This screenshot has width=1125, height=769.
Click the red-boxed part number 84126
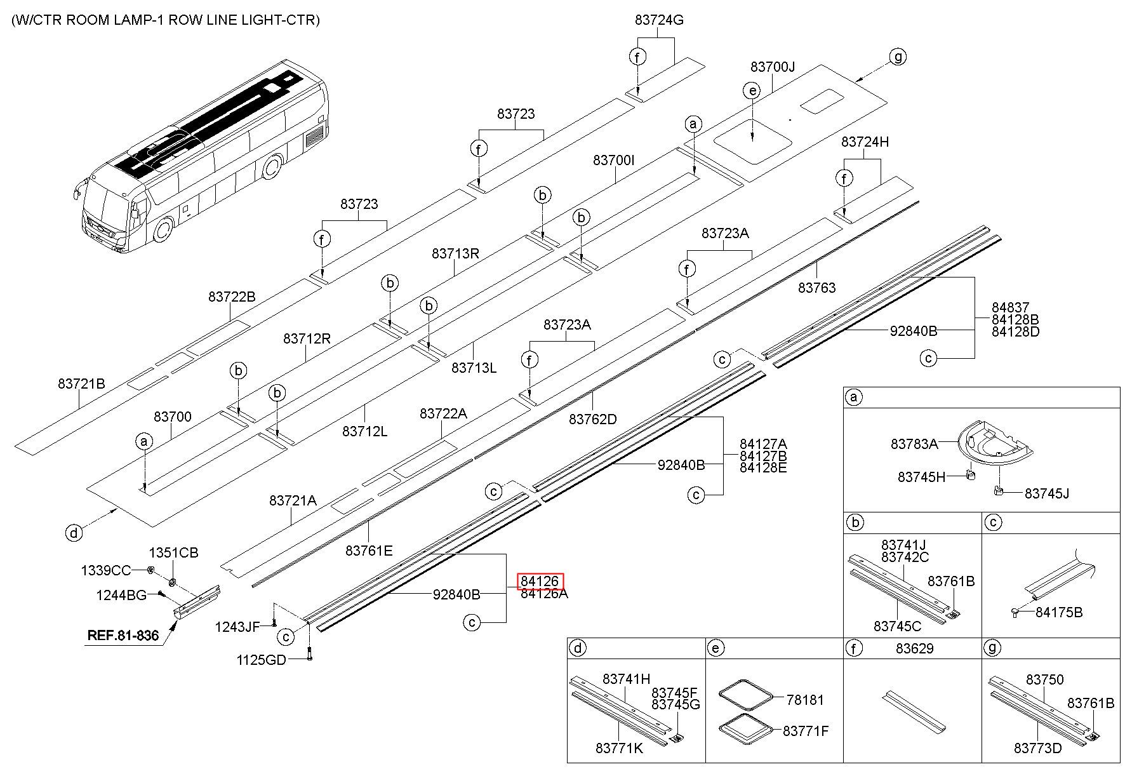[x=540, y=581]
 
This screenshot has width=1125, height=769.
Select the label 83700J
[x=773, y=67]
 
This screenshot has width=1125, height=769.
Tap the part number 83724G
[x=659, y=20]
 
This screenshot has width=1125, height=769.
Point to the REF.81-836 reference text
[x=123, y=634]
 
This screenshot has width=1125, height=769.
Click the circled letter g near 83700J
[x=898, y=57]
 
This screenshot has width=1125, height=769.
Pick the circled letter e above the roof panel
[x=752, y=91]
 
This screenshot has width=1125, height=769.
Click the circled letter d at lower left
[x=74, y=532]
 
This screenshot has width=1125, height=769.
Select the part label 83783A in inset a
[x=914, y=444]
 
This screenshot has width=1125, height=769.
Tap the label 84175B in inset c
[x=1059, y=612]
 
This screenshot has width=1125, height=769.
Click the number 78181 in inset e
[x=805, y=700]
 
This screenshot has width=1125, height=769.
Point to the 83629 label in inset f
[x=915, y=648]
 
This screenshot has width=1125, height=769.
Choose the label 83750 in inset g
[x=1044, y=679]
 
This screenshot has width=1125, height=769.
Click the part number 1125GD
[x=262, y=660]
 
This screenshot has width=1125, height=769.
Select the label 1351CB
[x=173, y=552]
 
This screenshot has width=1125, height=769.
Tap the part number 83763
[x=817, y=288]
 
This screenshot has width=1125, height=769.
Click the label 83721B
[x=81, y=384]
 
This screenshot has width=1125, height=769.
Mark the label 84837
[x=1011, y=307]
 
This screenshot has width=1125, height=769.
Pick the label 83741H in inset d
[x=627, y=679]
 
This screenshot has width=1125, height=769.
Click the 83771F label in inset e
[x=806, y=731]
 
